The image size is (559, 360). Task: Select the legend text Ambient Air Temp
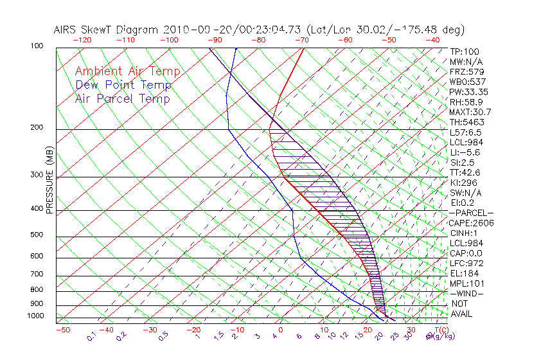(x=127, y=71)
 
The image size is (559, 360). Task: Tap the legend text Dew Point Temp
(x=123, y=85)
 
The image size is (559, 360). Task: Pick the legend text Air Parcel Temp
(x=122, y=98)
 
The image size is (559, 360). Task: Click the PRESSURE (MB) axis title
(x=49, y=181)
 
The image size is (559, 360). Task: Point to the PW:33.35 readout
(x=468, y=92)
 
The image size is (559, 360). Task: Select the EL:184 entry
(x=465, y=273)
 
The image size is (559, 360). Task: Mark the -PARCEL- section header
(x=471, y=213)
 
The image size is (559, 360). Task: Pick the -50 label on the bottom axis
(x=62, y=330)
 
